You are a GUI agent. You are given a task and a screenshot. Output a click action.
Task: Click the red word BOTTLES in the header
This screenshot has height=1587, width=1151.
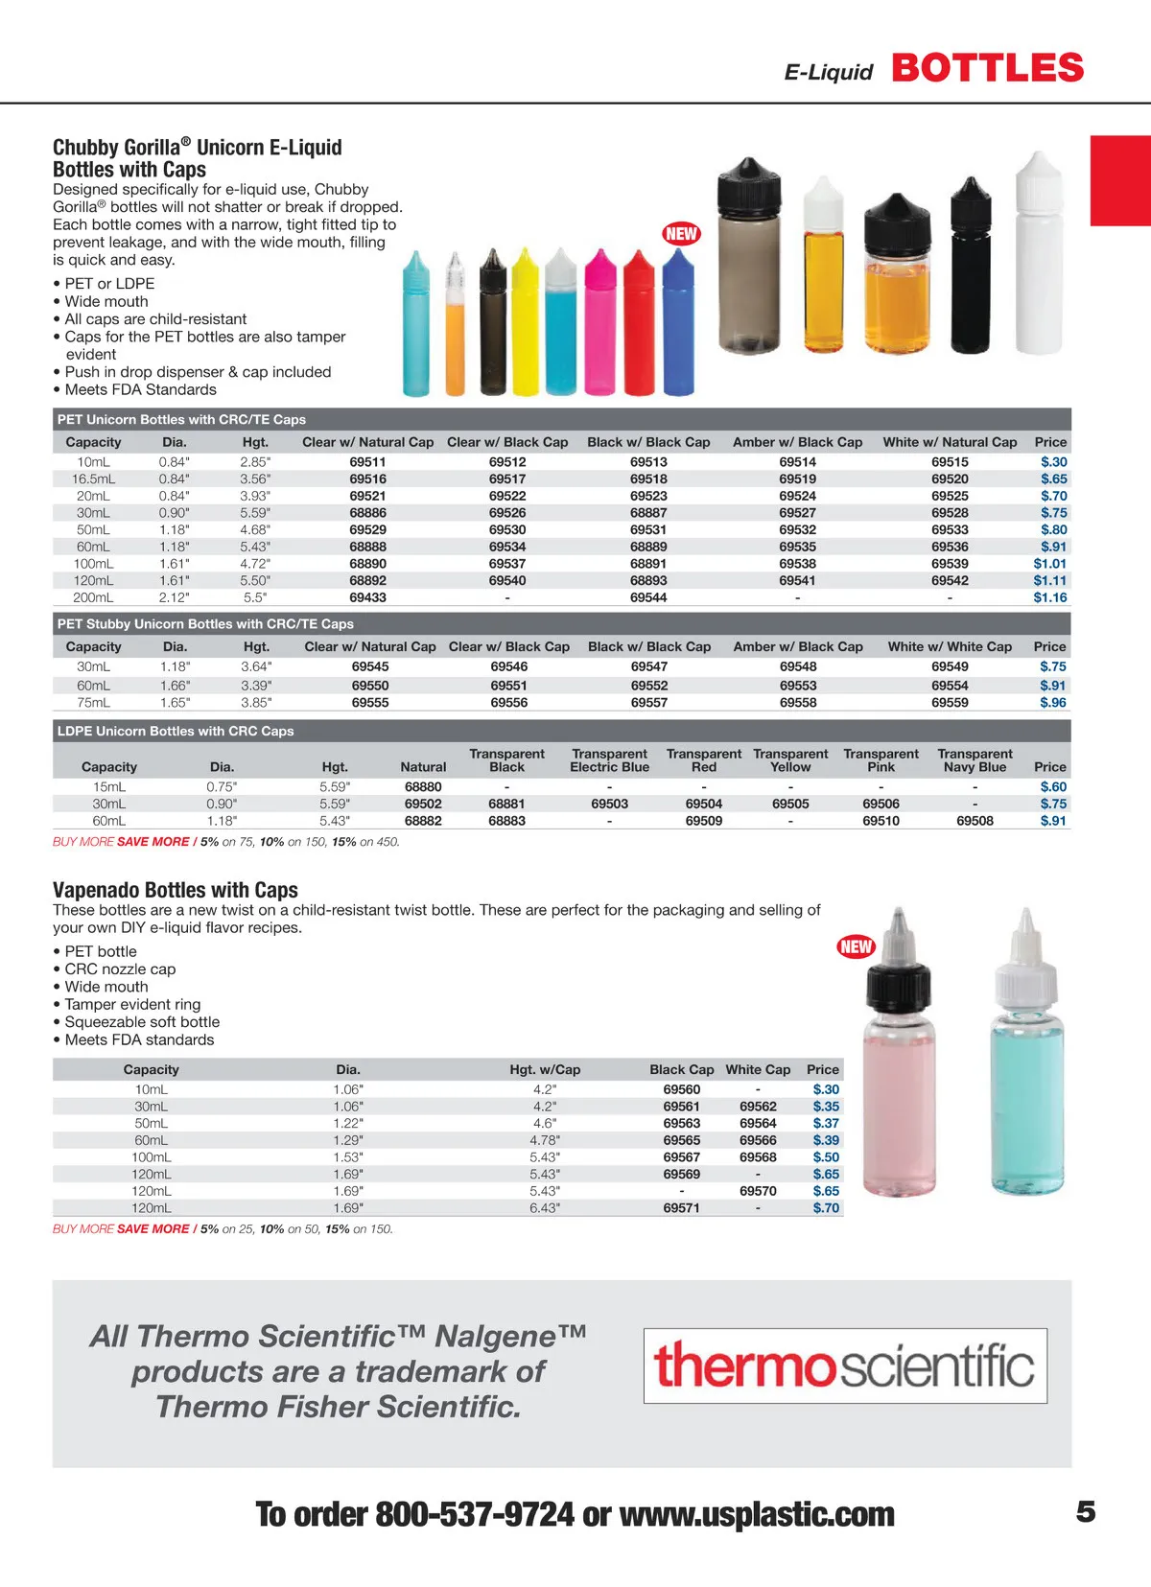point(987,68)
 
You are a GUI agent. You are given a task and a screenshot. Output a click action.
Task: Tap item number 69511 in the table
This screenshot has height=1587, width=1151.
point(367,461)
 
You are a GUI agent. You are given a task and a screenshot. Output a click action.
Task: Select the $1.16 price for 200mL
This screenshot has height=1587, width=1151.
point(1049,597)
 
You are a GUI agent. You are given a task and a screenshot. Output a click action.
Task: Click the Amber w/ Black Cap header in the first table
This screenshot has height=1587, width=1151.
point(797,442)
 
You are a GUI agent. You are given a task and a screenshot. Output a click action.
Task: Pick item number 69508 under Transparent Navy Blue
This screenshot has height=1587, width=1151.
point(975,821)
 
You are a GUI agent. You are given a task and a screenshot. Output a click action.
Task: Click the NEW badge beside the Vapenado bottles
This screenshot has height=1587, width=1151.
point(856,947)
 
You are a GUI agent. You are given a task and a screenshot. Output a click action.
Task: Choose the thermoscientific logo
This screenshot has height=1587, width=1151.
point(844,1365)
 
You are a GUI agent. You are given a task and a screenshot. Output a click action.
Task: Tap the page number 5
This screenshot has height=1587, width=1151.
point(1085,1512)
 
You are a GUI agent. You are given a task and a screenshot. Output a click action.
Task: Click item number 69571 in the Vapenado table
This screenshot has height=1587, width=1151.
point(681,1208)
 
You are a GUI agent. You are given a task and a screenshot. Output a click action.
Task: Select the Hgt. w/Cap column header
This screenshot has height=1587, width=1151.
point(544,1069)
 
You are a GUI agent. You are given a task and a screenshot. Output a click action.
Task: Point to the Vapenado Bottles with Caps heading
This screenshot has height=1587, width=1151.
point(176,890)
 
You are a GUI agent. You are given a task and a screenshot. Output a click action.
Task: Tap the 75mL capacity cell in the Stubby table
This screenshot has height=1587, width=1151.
point(93,703)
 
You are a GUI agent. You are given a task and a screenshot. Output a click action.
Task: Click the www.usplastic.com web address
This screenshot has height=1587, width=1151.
point(757,1515)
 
